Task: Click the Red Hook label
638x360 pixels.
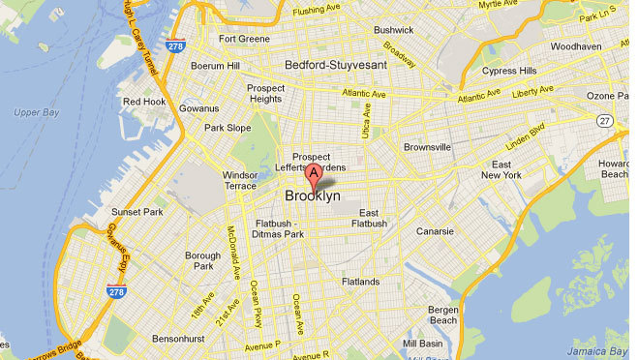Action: click(143, 101)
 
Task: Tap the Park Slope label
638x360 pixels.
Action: click(227, 128)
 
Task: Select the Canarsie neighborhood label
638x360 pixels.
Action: click(434, 231)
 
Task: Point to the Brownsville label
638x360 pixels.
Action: click(427, 147)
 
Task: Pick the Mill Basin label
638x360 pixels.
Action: click(422, 343)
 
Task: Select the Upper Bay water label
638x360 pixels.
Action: click(37, 112)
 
